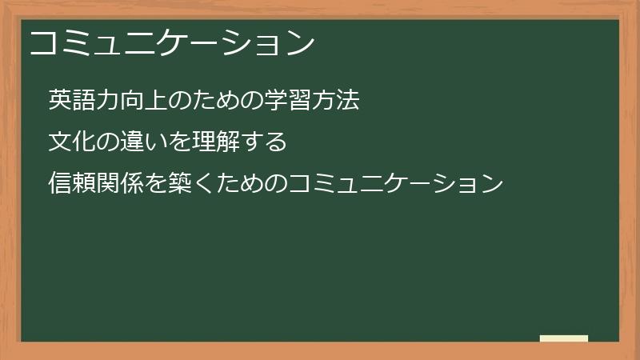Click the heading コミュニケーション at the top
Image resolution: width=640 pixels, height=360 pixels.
[x=171, y=42]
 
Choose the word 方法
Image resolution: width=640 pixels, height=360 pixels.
[x=336, y=100]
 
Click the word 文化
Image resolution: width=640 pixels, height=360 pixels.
[x=70, y=142]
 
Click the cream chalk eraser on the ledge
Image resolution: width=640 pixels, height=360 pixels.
[x=564, y=338]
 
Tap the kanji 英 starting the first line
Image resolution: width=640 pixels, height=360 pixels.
[x=59, y=100]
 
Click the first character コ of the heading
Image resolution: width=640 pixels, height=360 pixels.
[x=42, y=42]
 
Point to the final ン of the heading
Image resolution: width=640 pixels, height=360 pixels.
[x=300, y=42]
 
